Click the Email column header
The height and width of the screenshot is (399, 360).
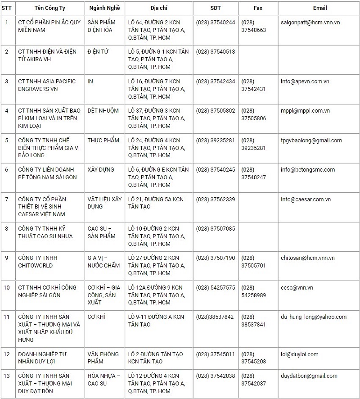pos(319,8)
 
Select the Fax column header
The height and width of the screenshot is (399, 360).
pos(258,8)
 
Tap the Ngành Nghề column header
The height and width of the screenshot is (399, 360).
pos(104,8)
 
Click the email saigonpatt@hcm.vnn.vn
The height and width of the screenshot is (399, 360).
pos(310,23)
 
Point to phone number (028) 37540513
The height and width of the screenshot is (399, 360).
pos(216,52)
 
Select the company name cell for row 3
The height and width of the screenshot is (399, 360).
pos(47,85)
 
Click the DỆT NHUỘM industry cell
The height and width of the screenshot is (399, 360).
pos(103,111)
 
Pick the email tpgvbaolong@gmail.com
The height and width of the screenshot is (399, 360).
pos(311,141)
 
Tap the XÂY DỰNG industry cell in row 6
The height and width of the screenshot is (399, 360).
pos(101,170)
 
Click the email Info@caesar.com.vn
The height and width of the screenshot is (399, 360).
pos(306,199)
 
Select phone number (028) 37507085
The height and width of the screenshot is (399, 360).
pos(216,229)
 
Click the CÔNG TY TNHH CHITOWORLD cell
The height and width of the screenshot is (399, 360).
pos(38,262)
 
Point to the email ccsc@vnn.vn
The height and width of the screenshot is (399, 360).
pos(297,288)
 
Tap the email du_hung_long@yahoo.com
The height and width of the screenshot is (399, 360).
pos(314,317)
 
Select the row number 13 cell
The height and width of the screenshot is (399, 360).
pos(7,376)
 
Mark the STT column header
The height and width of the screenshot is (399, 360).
pos(7,8)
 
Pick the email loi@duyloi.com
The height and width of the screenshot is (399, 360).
pos(300,354)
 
